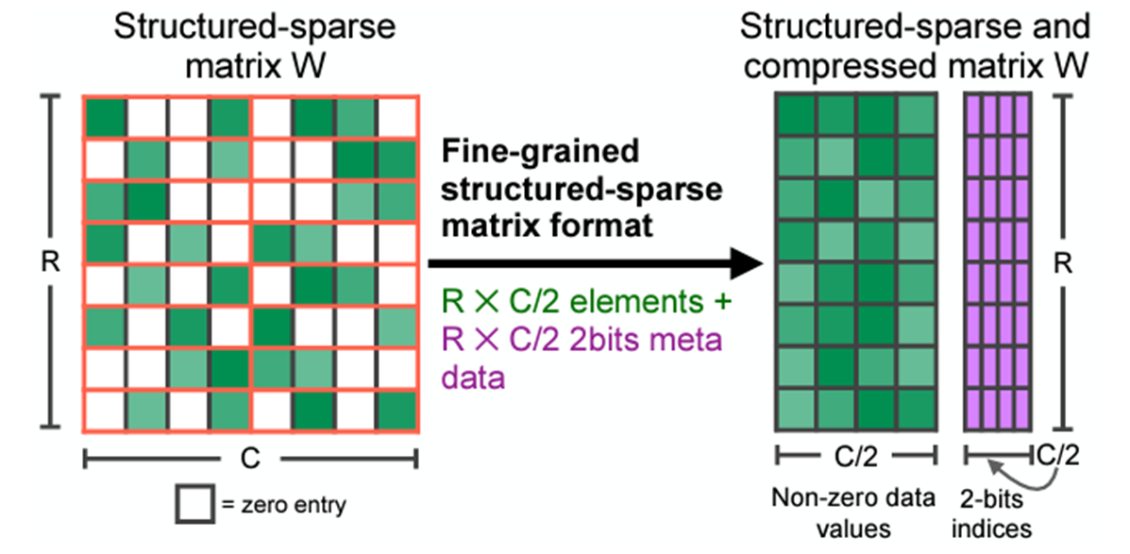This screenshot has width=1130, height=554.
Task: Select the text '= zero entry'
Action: point(282,505)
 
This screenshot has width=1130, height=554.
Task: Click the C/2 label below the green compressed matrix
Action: point(855,458)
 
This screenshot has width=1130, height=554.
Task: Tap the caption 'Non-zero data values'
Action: point(854,513)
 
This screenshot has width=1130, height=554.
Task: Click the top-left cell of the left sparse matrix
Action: point(105,116)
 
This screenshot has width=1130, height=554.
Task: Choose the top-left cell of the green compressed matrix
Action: point(796,116)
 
